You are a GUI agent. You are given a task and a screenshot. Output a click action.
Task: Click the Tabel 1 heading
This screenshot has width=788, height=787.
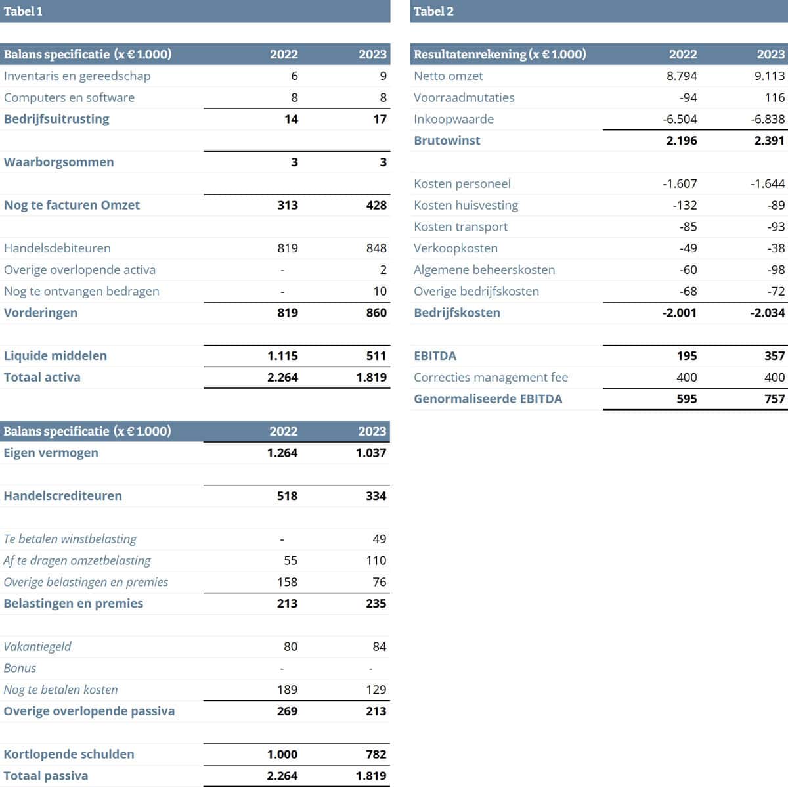click(x=23, y=11)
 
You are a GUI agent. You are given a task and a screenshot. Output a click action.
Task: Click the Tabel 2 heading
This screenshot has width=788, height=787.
click(x=433, y=11)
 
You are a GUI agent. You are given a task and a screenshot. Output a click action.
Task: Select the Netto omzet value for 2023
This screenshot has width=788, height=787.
click(x=769, y=76)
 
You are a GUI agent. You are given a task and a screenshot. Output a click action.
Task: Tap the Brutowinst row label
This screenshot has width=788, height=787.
click(x=447, y=140)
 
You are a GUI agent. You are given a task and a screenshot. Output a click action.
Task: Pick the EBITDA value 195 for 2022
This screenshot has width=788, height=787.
click(x=686, y=355)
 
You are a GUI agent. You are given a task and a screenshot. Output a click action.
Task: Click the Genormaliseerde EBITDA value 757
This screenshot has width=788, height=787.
click(x=774, y=399)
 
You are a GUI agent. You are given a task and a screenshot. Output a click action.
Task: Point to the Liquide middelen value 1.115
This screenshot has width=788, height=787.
click(x=282, y=355)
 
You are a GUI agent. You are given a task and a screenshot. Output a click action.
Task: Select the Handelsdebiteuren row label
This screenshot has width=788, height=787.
click(x=57, y=248)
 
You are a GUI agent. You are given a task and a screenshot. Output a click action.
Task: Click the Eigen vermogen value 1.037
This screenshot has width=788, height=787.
click(x=371, y=453)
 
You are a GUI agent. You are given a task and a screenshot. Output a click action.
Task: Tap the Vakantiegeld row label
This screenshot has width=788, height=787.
click(x=37, y=646)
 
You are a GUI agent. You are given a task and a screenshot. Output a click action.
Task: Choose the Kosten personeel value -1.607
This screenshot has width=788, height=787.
click(x=680, y=183)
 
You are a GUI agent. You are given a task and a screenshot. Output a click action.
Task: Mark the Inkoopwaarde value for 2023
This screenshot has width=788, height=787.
click(x=768, y=119)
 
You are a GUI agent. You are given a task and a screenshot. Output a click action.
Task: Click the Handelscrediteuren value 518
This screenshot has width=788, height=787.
click(x=287, y=496)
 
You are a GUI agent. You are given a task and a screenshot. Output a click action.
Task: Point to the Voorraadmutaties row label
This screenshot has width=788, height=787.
click(x=464, y=97)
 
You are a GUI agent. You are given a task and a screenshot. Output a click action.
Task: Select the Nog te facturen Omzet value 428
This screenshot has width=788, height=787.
click(x=376, y=205)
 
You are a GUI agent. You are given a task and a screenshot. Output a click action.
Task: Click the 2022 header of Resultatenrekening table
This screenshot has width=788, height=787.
click(x=683, y=54)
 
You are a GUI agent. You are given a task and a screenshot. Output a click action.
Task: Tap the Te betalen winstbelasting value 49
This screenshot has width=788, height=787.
click(x=379, y=539)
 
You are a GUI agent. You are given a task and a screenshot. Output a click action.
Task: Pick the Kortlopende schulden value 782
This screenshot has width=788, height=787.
click(x=376, y=754)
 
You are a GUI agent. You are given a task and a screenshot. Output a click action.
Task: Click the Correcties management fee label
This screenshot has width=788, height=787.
click(x=491, y=377)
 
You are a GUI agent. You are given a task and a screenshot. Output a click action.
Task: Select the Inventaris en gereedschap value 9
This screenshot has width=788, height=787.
click(x=383, y=76)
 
